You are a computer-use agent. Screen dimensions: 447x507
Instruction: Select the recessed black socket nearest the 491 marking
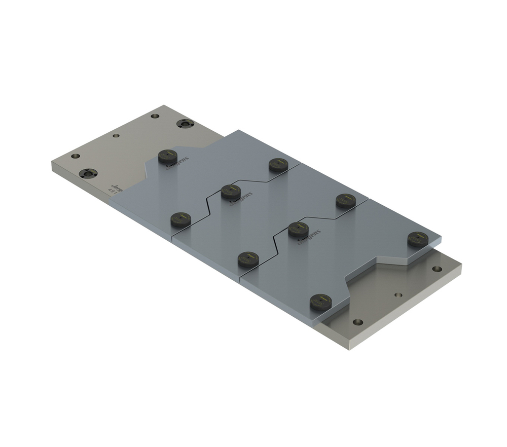point(89,173)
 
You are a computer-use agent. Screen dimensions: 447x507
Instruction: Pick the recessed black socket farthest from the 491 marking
point(185,123)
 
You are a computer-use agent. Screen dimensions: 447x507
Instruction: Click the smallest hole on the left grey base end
point(116,136)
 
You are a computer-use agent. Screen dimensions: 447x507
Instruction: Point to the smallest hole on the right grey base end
point(399,294)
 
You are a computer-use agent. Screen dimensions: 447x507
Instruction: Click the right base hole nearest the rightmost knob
point(437,269)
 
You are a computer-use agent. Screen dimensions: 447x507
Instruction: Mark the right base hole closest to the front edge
point(358,322)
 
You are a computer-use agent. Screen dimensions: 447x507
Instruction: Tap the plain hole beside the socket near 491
point(75,156)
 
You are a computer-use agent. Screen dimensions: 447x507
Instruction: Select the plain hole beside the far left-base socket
point(155,116)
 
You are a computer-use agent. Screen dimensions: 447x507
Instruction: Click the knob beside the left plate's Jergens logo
point(167,156)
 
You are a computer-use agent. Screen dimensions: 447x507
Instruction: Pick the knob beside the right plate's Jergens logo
point(298,229)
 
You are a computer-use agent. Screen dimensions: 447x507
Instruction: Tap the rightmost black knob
point(418,239)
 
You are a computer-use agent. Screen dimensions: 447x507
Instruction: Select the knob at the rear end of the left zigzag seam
point(278,164)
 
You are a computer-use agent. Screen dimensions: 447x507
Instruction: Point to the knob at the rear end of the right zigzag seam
point(346,201)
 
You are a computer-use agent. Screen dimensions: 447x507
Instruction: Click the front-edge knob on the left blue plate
point(180,219)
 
